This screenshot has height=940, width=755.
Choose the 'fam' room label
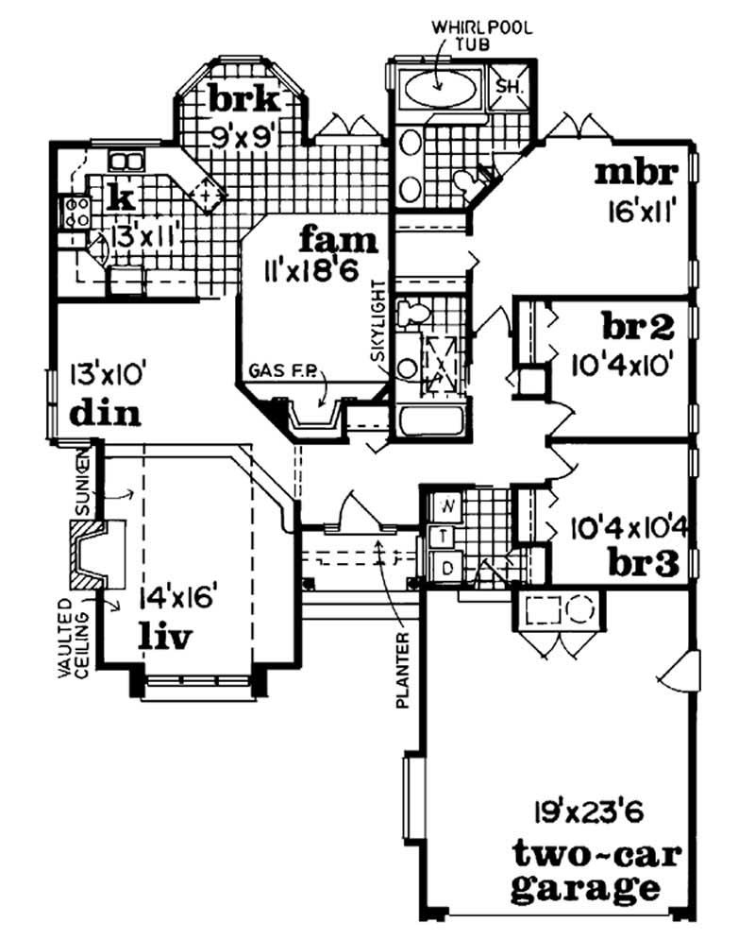point(339,239)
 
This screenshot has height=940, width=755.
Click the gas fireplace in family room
point(316,416)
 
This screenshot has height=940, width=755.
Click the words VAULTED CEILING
point(75,641)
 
